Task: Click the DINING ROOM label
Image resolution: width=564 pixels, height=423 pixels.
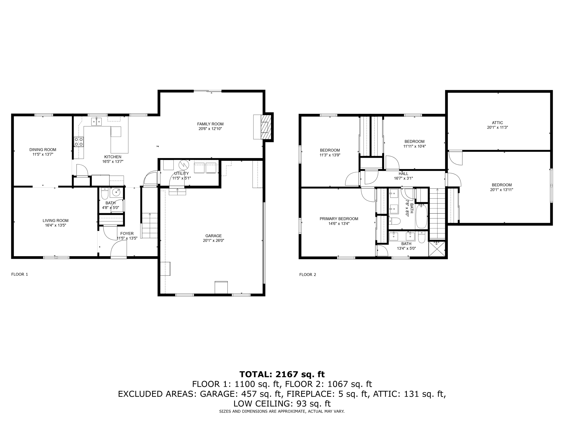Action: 43,150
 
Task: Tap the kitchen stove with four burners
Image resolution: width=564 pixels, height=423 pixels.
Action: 79,142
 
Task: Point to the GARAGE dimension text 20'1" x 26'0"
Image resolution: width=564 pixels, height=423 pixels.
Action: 213,240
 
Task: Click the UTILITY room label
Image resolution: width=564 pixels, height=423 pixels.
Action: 181,173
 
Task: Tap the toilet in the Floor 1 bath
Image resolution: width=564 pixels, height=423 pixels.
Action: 104,194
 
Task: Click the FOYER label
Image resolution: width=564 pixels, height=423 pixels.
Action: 127,233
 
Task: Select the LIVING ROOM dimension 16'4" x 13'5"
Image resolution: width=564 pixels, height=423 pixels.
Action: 56,225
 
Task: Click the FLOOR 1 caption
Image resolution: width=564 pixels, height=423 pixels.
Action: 20,274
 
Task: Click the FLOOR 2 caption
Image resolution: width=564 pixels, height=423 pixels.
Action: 308,275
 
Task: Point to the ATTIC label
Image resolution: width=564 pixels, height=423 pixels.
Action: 497,123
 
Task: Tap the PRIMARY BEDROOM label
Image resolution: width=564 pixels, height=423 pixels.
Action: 339,219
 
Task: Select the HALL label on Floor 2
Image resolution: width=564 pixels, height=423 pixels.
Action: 403,173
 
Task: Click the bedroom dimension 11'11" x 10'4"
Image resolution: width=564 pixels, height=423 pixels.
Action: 414,147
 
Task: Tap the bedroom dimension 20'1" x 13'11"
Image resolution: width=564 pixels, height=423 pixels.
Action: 502,190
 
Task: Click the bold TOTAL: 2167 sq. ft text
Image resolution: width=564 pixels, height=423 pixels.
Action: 282,374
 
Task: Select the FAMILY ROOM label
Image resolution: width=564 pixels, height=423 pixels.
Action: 210,124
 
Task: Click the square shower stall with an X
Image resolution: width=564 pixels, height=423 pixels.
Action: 437,248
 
